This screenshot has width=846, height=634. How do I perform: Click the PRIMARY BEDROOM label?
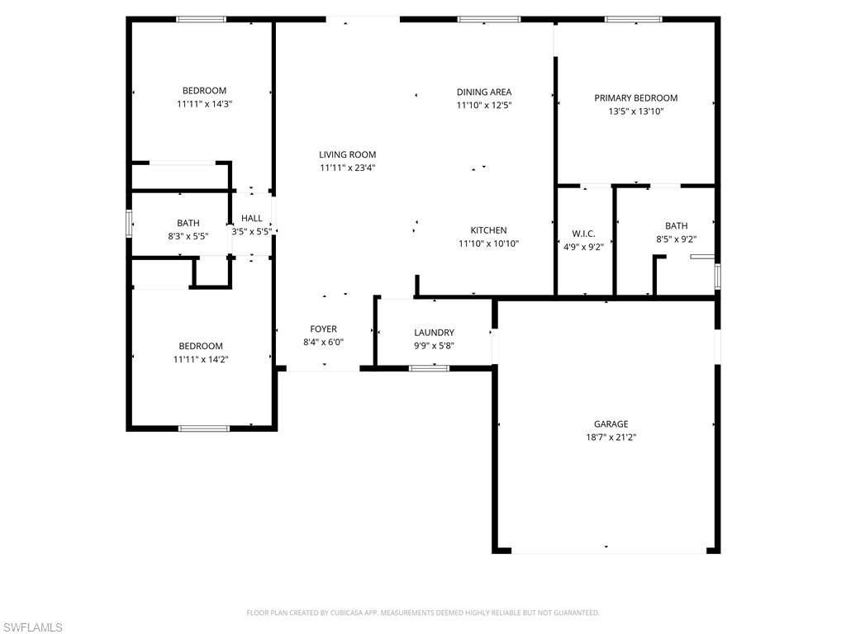pyautogui.click(x=635, y=97)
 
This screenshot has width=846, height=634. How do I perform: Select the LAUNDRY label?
pyautogui.click(x=434, y=333)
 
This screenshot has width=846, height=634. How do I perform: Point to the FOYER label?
pyautogui.click(x=323, y=329)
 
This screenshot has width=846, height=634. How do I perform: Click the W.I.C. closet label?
pyautogui.click(x=583, y=234)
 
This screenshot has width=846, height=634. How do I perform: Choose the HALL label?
pyautogui.click(x=252, y=219)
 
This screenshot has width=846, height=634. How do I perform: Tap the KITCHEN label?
pyautogui.click(x=488, y=230)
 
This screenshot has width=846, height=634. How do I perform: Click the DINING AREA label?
pyautogui.click(x=484, y=92)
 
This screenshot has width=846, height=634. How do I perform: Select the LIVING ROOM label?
pyautogui.click(x=348, y=154)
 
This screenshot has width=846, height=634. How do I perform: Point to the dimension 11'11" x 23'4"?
pyautogui.click(x=348, y=168)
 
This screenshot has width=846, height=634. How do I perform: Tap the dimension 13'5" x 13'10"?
pyautogui.click(x=635, y=111)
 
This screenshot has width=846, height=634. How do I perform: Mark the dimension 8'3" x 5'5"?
pyautogui.click(x=188, y=236)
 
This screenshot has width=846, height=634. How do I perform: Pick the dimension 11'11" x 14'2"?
pyautogui.click(x=201, y=359)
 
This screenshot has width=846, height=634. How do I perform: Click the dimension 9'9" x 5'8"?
pyautogui.click(x=434, y=346)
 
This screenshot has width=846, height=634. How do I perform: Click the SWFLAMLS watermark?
pyautogui.click(x=32, y=627)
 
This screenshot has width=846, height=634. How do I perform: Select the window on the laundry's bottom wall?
pyautogui.click(x=430, y=367)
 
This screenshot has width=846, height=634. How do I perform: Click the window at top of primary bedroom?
pyautogui.click(x=633, y=19)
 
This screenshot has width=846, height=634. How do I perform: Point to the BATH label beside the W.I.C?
pyautogui.click(x=676, y=225)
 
